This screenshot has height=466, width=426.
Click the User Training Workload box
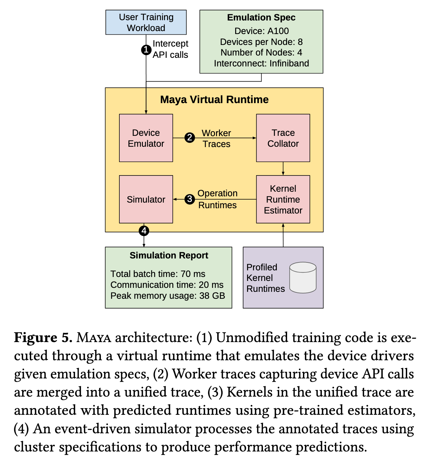146,22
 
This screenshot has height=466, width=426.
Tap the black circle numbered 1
146,50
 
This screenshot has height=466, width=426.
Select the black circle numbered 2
190,137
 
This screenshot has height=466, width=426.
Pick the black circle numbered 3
190,199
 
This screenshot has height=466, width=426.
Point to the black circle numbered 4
144,231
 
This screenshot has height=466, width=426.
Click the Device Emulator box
146,138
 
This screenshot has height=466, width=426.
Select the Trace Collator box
283,138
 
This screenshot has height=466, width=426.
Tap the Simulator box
146,199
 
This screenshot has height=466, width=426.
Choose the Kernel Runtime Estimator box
283,199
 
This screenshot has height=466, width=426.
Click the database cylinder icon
303,277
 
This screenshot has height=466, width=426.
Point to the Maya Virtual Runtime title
214,100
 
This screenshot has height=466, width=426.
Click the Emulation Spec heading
261,18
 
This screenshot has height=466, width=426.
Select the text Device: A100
261,31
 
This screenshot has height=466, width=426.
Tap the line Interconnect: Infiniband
261,63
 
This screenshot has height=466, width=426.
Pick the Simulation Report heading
169,255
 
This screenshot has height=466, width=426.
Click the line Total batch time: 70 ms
158,274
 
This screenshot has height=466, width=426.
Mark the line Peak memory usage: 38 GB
168,296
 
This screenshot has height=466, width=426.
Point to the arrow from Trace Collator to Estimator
283,169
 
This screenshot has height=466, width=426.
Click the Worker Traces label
216,138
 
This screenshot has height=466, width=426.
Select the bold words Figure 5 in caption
43,337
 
